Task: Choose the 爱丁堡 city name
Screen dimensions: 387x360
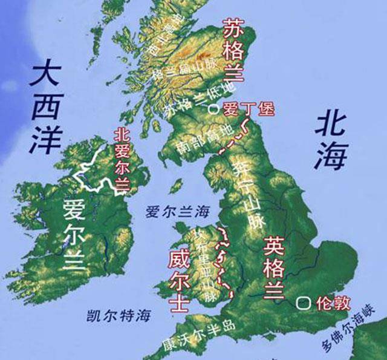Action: pos(249,110)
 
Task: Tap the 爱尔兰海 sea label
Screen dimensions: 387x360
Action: pos(177,212)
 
